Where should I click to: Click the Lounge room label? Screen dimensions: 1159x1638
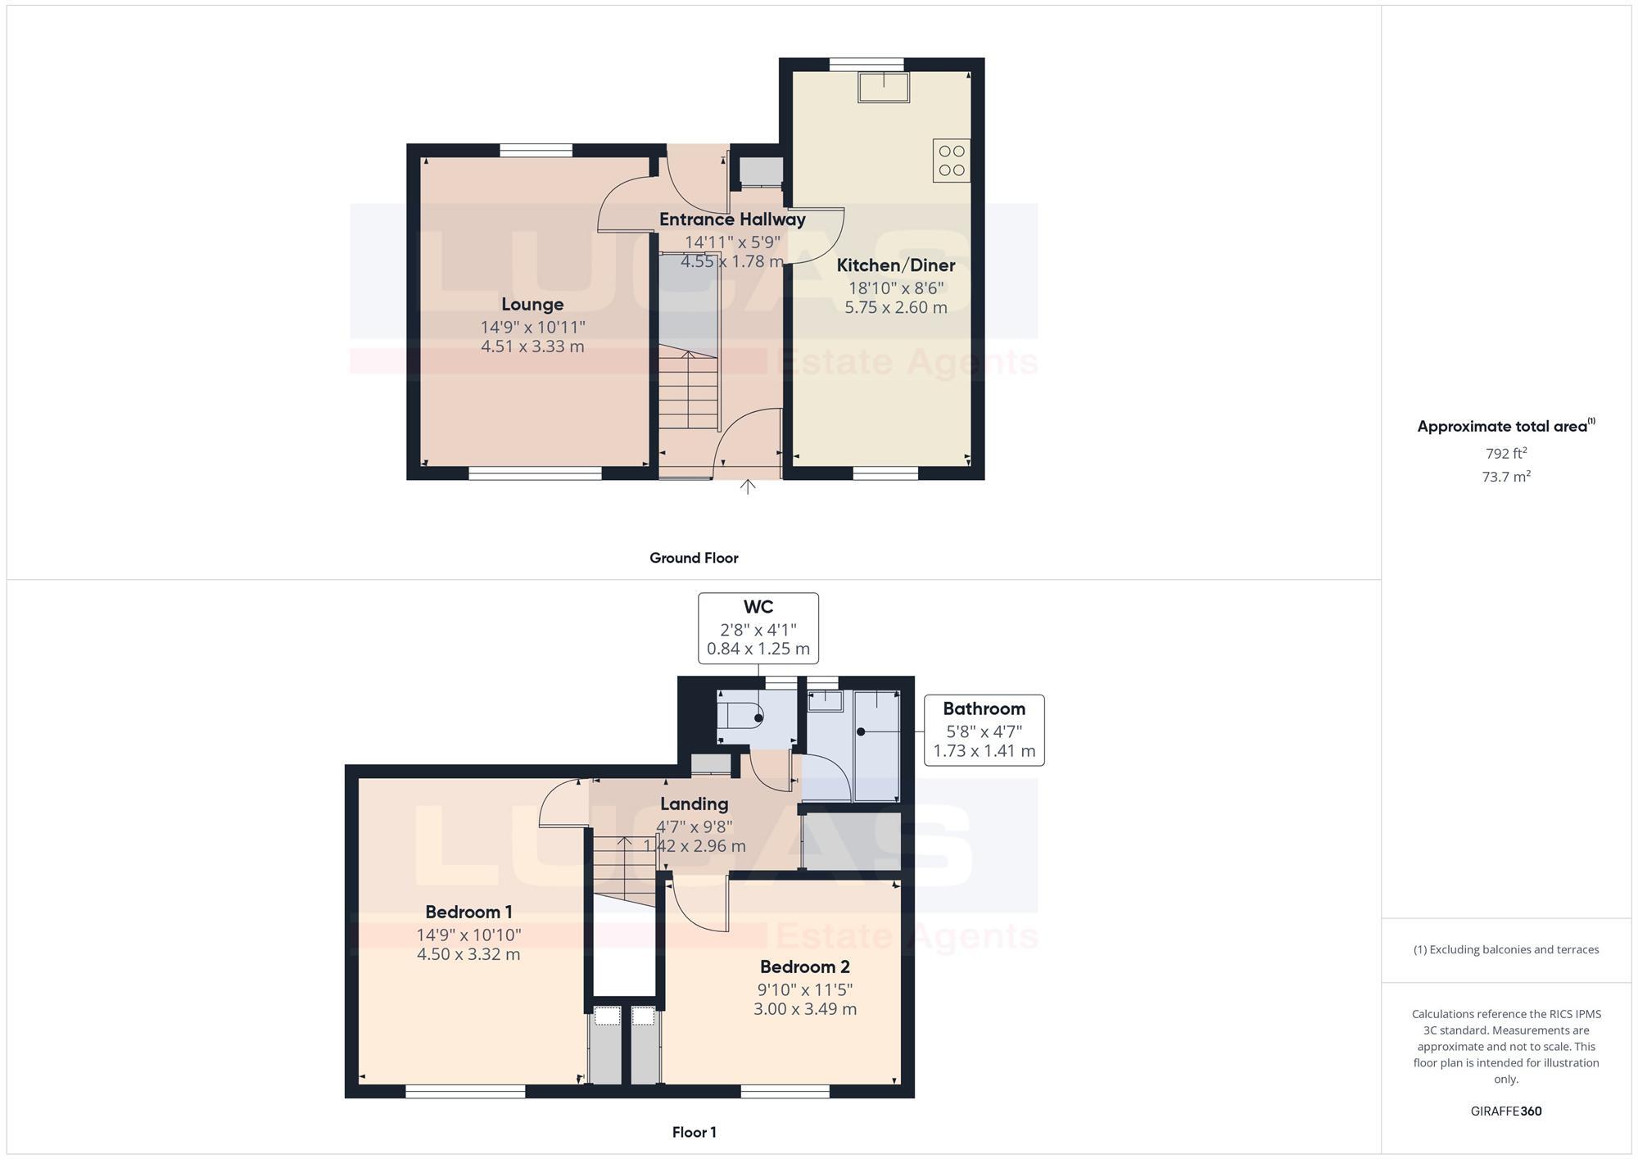point(532,305)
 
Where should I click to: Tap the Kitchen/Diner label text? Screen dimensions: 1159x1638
point(896,265)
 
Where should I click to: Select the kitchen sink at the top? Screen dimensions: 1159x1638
point(883,87)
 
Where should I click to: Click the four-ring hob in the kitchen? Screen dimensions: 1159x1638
point(951,161)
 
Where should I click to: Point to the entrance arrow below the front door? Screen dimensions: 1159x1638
point(748,487)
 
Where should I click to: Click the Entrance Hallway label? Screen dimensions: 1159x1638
point(732,220)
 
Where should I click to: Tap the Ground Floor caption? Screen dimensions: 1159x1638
point(694,559)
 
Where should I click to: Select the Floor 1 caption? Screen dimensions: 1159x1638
point(694,1133)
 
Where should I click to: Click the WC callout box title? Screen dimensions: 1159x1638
point(758,607)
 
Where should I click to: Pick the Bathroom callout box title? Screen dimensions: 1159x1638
point(984,709)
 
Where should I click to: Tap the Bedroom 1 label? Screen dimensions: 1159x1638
point(468,912)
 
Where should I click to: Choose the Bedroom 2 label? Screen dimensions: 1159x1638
point(804,967)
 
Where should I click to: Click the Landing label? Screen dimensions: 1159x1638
point(694,804)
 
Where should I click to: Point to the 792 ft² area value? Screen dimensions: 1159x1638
point(1505,454)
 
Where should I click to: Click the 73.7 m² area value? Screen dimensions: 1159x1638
point(1505,477)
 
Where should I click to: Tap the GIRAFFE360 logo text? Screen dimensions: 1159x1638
point(1505,1111)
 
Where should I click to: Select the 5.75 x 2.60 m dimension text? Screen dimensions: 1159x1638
point(896,308)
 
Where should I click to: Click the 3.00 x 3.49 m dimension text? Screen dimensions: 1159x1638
point(804,1009)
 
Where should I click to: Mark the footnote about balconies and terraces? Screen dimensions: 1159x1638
point(1505,950)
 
